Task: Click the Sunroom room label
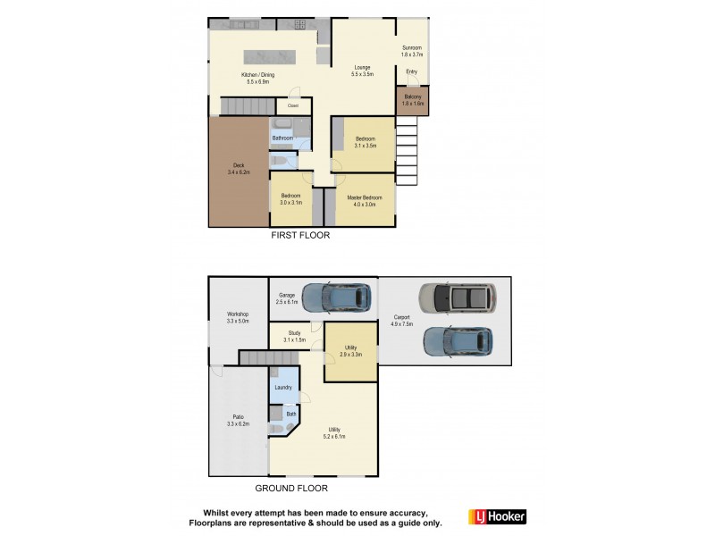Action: tap(411, 51)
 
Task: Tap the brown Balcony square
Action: tap(412, 100)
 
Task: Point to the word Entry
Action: tap(411, 71)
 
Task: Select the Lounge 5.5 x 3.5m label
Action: tap(361, 71)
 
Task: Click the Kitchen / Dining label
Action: tap(259, 78)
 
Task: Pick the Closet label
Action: tap(292, 105)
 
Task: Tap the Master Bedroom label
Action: tap(364, 201)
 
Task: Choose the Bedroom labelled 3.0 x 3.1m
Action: tap(291, 199)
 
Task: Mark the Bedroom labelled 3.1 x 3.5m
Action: tap(365, 142)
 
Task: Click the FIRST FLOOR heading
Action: tap(300, 236)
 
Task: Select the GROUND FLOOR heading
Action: tap(291, 489)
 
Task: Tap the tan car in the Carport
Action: tap(457, 298)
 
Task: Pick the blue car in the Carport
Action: tap(457, 342)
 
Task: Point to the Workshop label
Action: tap(238, 317)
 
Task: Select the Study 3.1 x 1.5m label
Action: tap(294, 337)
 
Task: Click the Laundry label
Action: tap(283, 388)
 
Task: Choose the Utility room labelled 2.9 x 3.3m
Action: tap(350, 352)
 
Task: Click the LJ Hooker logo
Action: tap(497, 516)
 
